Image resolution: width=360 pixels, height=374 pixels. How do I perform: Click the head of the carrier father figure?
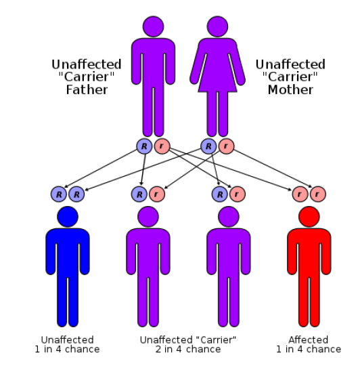pyautogui.click(x=153, y=26)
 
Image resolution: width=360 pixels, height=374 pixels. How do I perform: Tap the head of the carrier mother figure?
pyautogui.click(x=217, y=26)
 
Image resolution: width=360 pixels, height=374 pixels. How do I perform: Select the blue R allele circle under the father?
pyautogui.click(x=144, y=146)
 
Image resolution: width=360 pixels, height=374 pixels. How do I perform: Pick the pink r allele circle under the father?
pyautogui.click(x=162, y=146)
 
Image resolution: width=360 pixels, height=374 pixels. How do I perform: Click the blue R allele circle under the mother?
pyautogui.click(x=208, y=146)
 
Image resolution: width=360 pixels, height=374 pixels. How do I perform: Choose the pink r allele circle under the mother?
pyautogui.click(x=226, y=146)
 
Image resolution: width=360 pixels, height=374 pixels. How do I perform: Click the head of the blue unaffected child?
pyautogui.click(x=68, y=217)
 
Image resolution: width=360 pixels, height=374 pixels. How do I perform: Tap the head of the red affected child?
pyautogui.click(x=309, y=217)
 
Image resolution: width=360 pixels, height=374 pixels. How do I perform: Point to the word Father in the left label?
pyautogui.click(x=87, y=90)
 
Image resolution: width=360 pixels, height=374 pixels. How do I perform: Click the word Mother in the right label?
pyautogui.click(x=290, y=90)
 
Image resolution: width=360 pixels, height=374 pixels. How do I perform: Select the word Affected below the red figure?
pyautogui.click(x=309, y=339)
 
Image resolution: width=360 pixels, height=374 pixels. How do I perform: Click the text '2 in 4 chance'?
pyautogui.click(x=188, y=349)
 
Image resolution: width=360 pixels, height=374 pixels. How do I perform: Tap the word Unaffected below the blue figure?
pyautogui.click(x=68, y=339)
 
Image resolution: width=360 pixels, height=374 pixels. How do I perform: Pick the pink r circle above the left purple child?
pyautogui.click(x=157, y=194)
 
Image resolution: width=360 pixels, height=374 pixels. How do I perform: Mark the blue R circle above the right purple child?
pyautogui.click(x=219, y=194)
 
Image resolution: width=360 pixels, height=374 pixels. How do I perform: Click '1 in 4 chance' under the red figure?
pyautogui.click(x=309, y=349)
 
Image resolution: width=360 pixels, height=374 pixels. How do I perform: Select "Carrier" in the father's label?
pyautogui.click(x=87, y=77)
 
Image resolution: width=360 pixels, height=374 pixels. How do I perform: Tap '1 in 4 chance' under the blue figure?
pyautogui.click(x=67, y=349)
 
